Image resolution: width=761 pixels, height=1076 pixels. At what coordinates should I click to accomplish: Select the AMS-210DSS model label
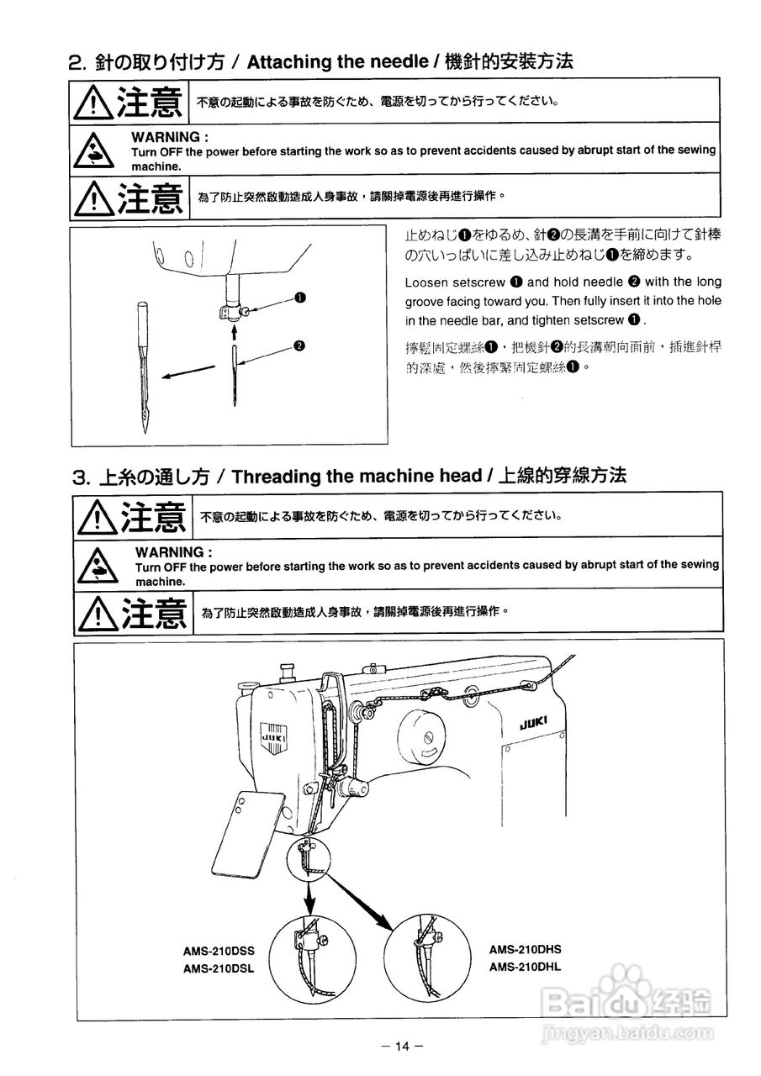tap(219, 952)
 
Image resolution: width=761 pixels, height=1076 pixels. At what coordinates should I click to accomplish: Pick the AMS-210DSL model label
tap(219, 968)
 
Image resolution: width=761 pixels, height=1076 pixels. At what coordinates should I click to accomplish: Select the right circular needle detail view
tap(426, 954)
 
